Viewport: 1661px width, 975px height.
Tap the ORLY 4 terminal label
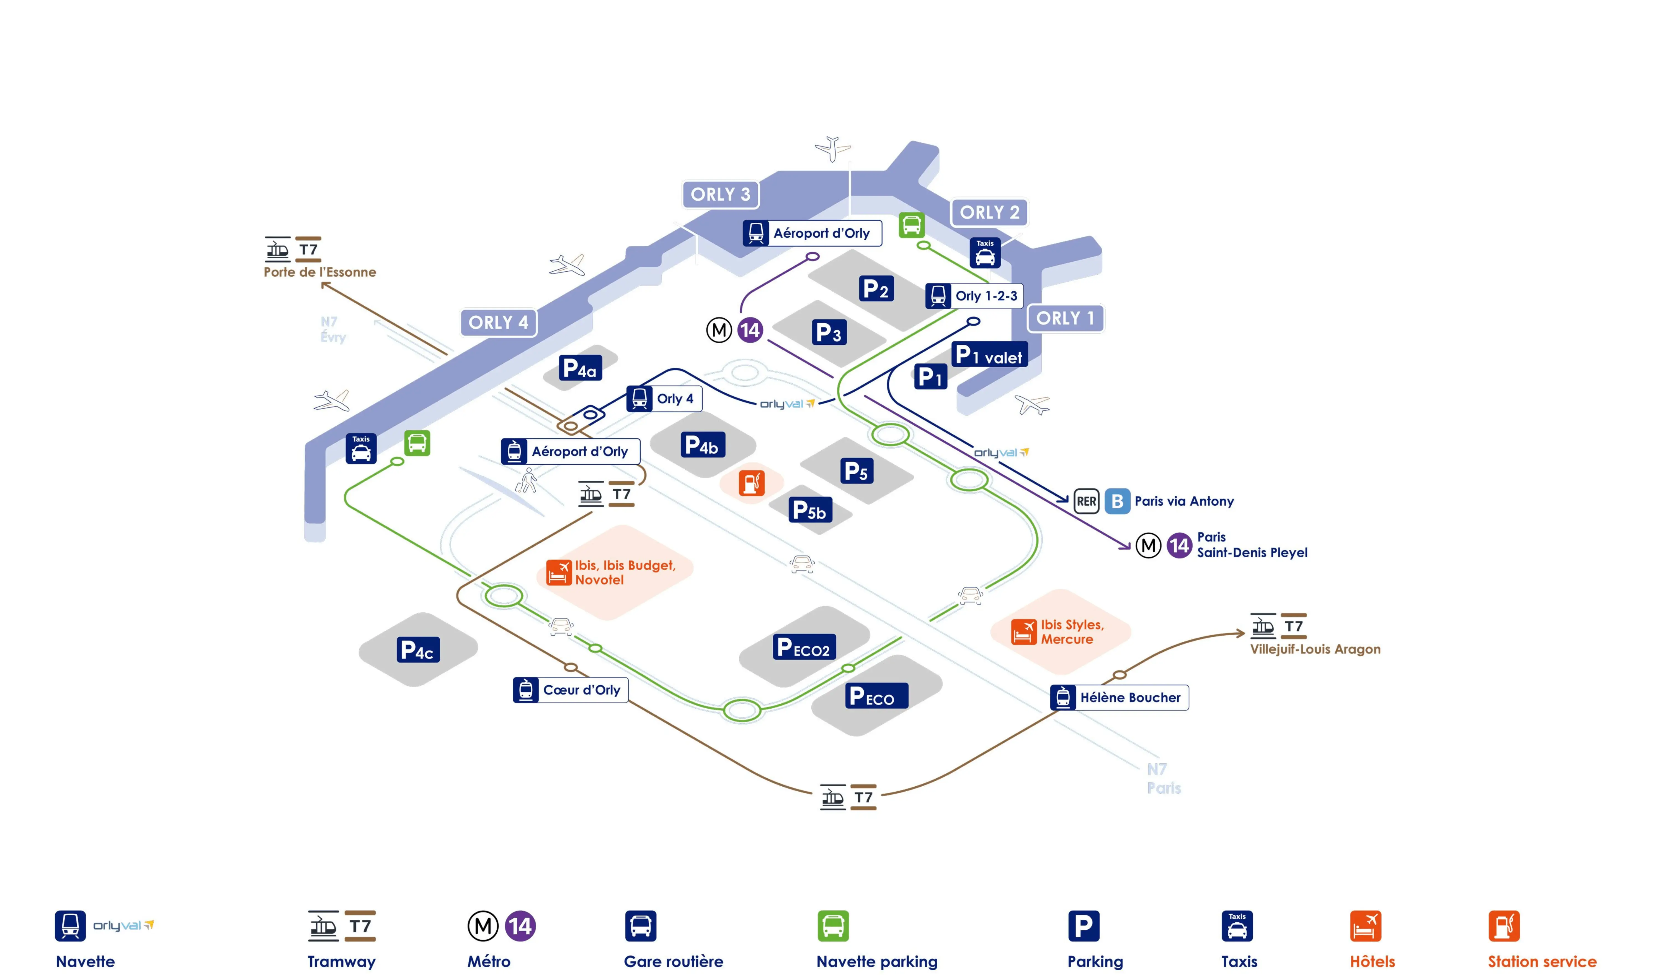point(498,323)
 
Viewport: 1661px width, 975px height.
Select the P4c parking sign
point(417,650)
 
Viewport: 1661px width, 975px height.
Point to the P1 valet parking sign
point(989,355)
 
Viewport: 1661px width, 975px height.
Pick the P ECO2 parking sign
point(803,648)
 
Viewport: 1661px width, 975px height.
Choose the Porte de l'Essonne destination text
point(320,272)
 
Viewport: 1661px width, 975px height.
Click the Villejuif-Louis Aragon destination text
point(1315,649)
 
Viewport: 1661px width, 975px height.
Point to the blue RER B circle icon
point(1117,501)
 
